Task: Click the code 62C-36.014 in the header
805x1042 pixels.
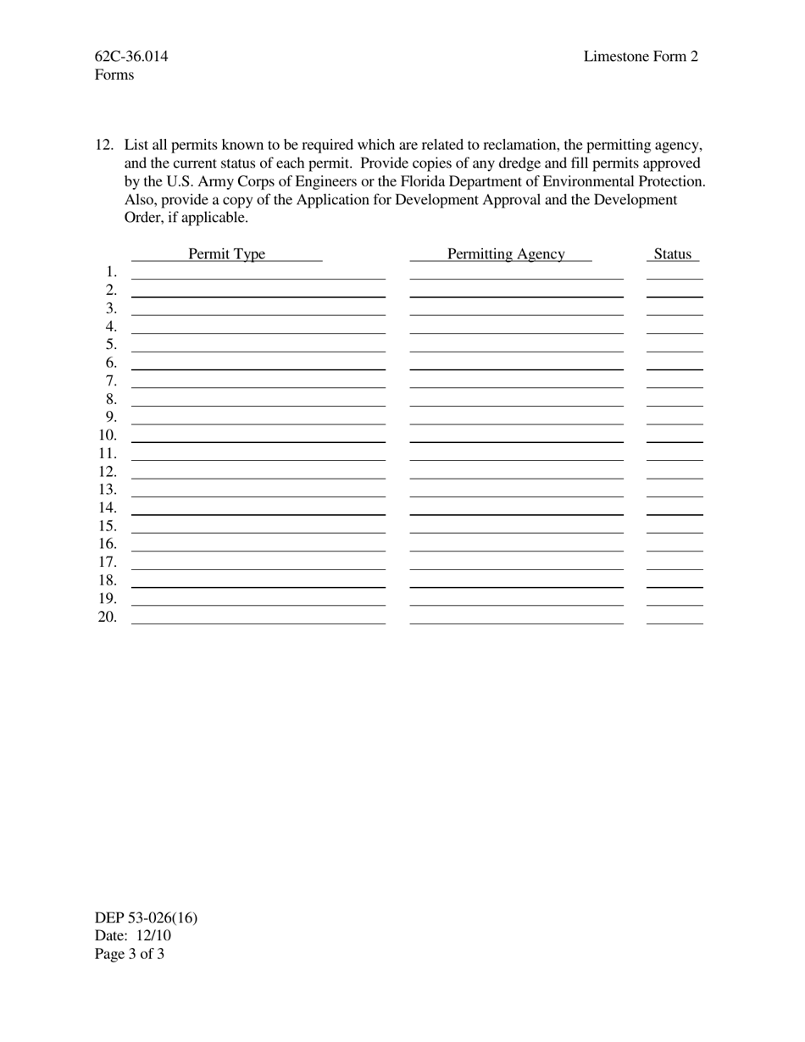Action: (x=131, y=57)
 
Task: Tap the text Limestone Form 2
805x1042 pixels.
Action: (x=641, y=57)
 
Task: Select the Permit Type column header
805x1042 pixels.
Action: (x=226, y=254)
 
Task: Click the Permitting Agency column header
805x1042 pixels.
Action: (x=505, y=254)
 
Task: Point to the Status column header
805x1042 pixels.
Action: (x=673, y=254)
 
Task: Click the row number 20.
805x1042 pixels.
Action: (x=108, y=617)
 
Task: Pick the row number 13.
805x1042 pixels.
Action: (x=108, y=490)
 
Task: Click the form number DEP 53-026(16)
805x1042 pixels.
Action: (x=147, y=917)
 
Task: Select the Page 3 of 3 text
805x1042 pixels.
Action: (x=130, y=954)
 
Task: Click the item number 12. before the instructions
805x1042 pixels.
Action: (x=104, y=145)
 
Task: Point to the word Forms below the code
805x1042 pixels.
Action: (x=114, y=75)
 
